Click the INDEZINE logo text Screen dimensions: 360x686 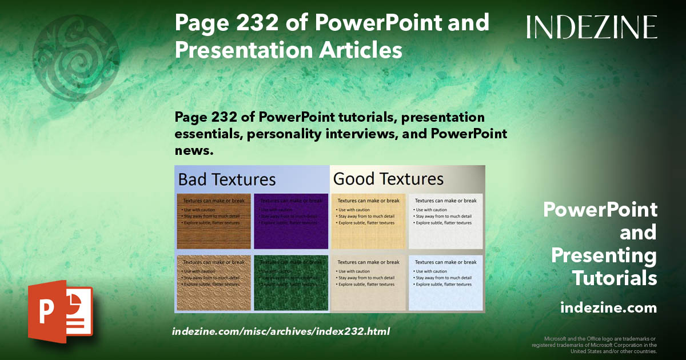[x=592, y=27]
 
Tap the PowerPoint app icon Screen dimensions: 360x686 [x=60, y=311]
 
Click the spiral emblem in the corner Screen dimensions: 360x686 [x=76, y=58]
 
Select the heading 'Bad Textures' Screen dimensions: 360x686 [x=227, y=179]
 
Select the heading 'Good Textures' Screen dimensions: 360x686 [x=388, y=179]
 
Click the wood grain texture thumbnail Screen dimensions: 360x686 [x=214, y=222]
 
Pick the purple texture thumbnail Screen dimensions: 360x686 [x=291, y=222]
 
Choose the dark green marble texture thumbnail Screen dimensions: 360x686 [x=291, y=282]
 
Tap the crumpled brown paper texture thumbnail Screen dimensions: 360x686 [x=214, y=282]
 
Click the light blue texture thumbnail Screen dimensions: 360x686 [x=445, y=282]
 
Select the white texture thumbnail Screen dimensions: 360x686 [x=445, y=222]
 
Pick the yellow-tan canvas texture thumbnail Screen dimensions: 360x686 [x=368, y=222]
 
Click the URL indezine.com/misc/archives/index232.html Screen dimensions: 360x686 [x=281, y=331]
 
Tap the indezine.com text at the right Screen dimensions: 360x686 [x=608, y=308]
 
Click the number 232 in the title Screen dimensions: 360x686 [x=248, y=23]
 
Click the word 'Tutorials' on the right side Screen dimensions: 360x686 [x=615, y=278]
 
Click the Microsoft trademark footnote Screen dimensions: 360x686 [x=594, y=345]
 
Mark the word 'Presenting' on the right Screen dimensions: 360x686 [x=604, y=255]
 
